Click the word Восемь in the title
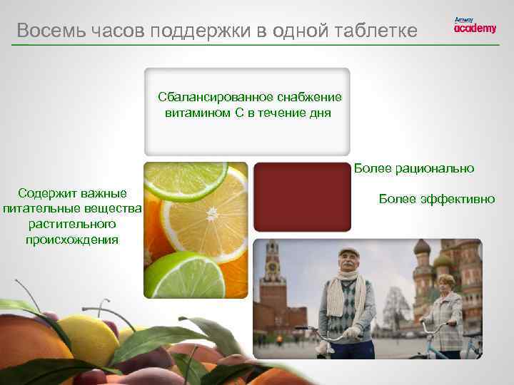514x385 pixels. tap(44, 31)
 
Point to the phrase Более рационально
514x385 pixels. tap(414, 168)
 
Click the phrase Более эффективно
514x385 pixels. tap(437, 199)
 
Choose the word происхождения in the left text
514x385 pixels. tap(71, 239)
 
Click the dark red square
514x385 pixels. tap(302, 197)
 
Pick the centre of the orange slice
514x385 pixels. tap(212, 214)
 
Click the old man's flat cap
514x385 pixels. tap(349, 254)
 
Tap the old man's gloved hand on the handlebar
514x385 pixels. tap(351, 332)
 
